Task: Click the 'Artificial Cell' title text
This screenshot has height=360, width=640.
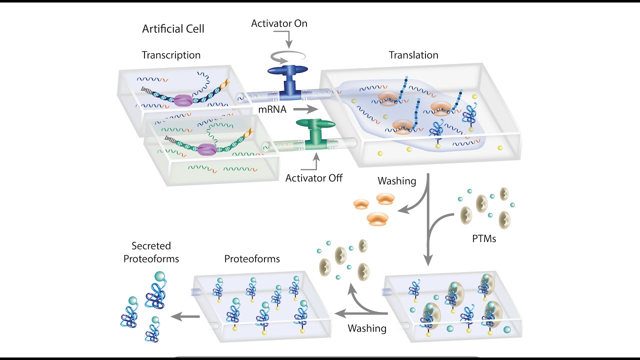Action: [173, 28]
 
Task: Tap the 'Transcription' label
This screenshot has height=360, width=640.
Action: [171, 55]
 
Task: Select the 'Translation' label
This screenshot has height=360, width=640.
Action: [413, 55]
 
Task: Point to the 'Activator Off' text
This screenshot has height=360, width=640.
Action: [313, 177]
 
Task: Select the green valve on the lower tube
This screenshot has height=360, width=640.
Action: [315, 133]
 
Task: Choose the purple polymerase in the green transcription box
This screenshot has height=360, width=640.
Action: [206, 149]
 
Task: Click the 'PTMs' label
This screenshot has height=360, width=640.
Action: [484, 238]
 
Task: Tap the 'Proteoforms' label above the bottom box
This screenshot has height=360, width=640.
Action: [252, 259]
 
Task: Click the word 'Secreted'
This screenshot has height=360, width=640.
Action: [151, 246]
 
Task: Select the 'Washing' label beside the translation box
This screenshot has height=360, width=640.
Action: [396, 181]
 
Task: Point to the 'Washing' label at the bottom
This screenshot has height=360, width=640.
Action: [367, 328]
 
